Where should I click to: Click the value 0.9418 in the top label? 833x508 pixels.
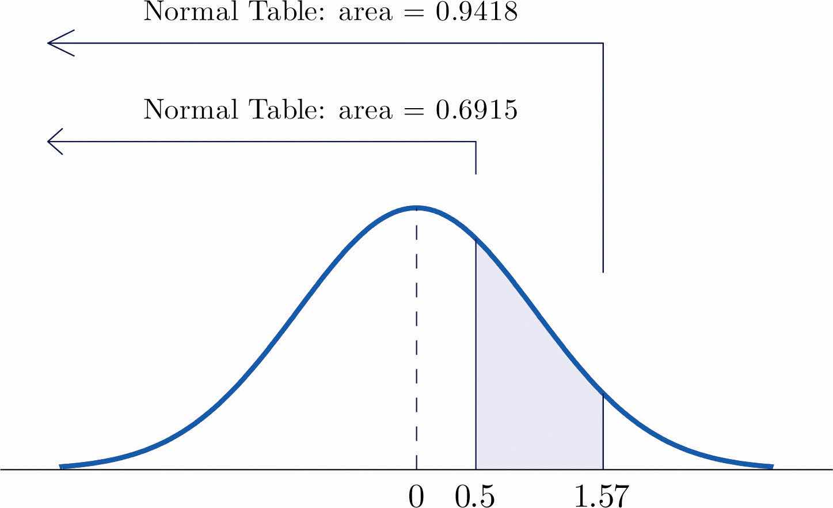click(x=476, y=12)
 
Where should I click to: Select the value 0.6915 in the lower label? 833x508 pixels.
click(x=476, y=109)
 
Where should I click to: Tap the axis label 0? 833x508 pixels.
click(x=416, y=496)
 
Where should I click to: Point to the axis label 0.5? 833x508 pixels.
click(x=475, y=496)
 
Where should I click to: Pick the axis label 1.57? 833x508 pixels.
click(x=602, y=496)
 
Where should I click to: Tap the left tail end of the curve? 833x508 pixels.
click(x=61, y=465)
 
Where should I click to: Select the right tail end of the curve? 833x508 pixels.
click(x=771, y=465)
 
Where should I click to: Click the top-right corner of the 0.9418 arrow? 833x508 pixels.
click(x=603, y=43)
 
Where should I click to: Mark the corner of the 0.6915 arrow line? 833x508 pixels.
click(x=476, y=142)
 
